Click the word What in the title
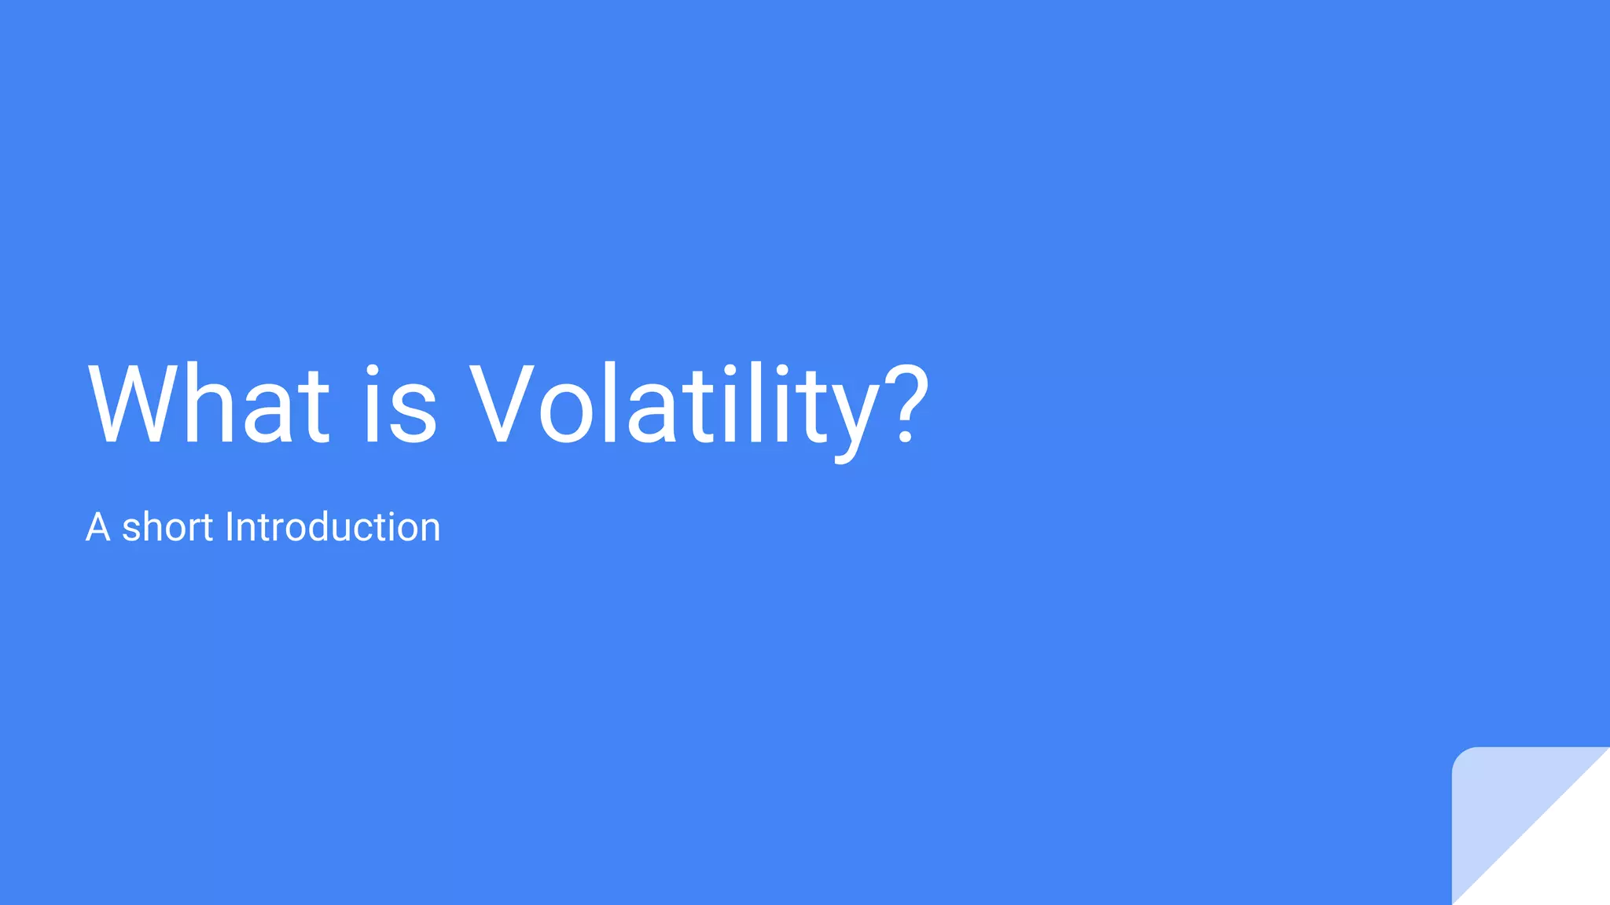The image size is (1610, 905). (208, 405)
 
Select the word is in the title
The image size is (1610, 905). (399, 405)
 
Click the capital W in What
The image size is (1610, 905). (134, 405)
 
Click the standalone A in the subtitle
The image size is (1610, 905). (97, 527)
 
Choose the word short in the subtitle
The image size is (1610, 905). (167, 527)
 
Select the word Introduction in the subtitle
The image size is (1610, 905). (333, 527)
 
